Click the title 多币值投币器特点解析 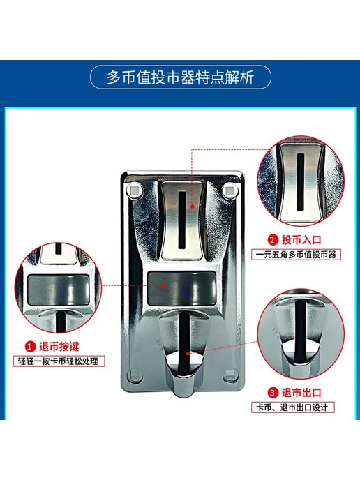click(180, 77)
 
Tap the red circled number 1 click(30, 347)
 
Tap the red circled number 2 click(273, 240)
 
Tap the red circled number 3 click(273, 393)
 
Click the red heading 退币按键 click(59, 347)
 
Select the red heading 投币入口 click(301, 240)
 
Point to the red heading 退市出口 click(301, 393)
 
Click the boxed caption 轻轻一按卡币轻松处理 click(59, 361)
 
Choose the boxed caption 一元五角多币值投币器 click(296, 255)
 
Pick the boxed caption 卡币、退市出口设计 click(293, 407)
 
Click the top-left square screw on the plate click(134, 190)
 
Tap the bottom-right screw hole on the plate click(230, 374)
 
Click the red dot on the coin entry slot click(193, 207)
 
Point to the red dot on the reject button click(164, 285)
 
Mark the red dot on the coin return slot click(188, 354)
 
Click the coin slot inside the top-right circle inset click(301, 182)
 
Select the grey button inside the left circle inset click(59, 290)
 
